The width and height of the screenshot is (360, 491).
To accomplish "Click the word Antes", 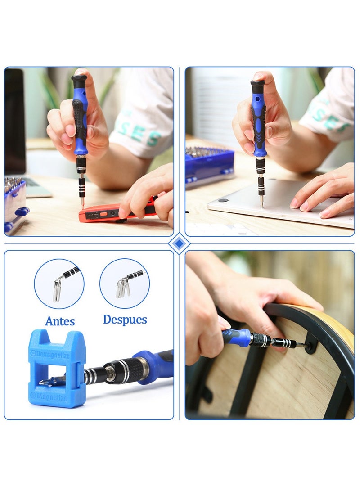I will click(x=60, y=321).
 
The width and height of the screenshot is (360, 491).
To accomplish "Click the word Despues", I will click(x=125, y=320).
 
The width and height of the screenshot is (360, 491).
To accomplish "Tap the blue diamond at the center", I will click(x=179, y=243).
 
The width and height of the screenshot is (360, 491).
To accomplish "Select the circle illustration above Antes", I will click(x=59, y=284).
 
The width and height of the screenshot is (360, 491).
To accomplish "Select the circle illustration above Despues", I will click(x=125, y=283).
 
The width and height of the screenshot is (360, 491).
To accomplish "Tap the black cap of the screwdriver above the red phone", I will click(x=79, y=81).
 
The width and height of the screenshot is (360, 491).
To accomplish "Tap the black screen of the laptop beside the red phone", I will click(x=15, y=122).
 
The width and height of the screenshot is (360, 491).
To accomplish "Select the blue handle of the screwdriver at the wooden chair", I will click(x=237, y=337).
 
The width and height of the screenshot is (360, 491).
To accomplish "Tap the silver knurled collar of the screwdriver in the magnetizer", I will click(x=131, y=370).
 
